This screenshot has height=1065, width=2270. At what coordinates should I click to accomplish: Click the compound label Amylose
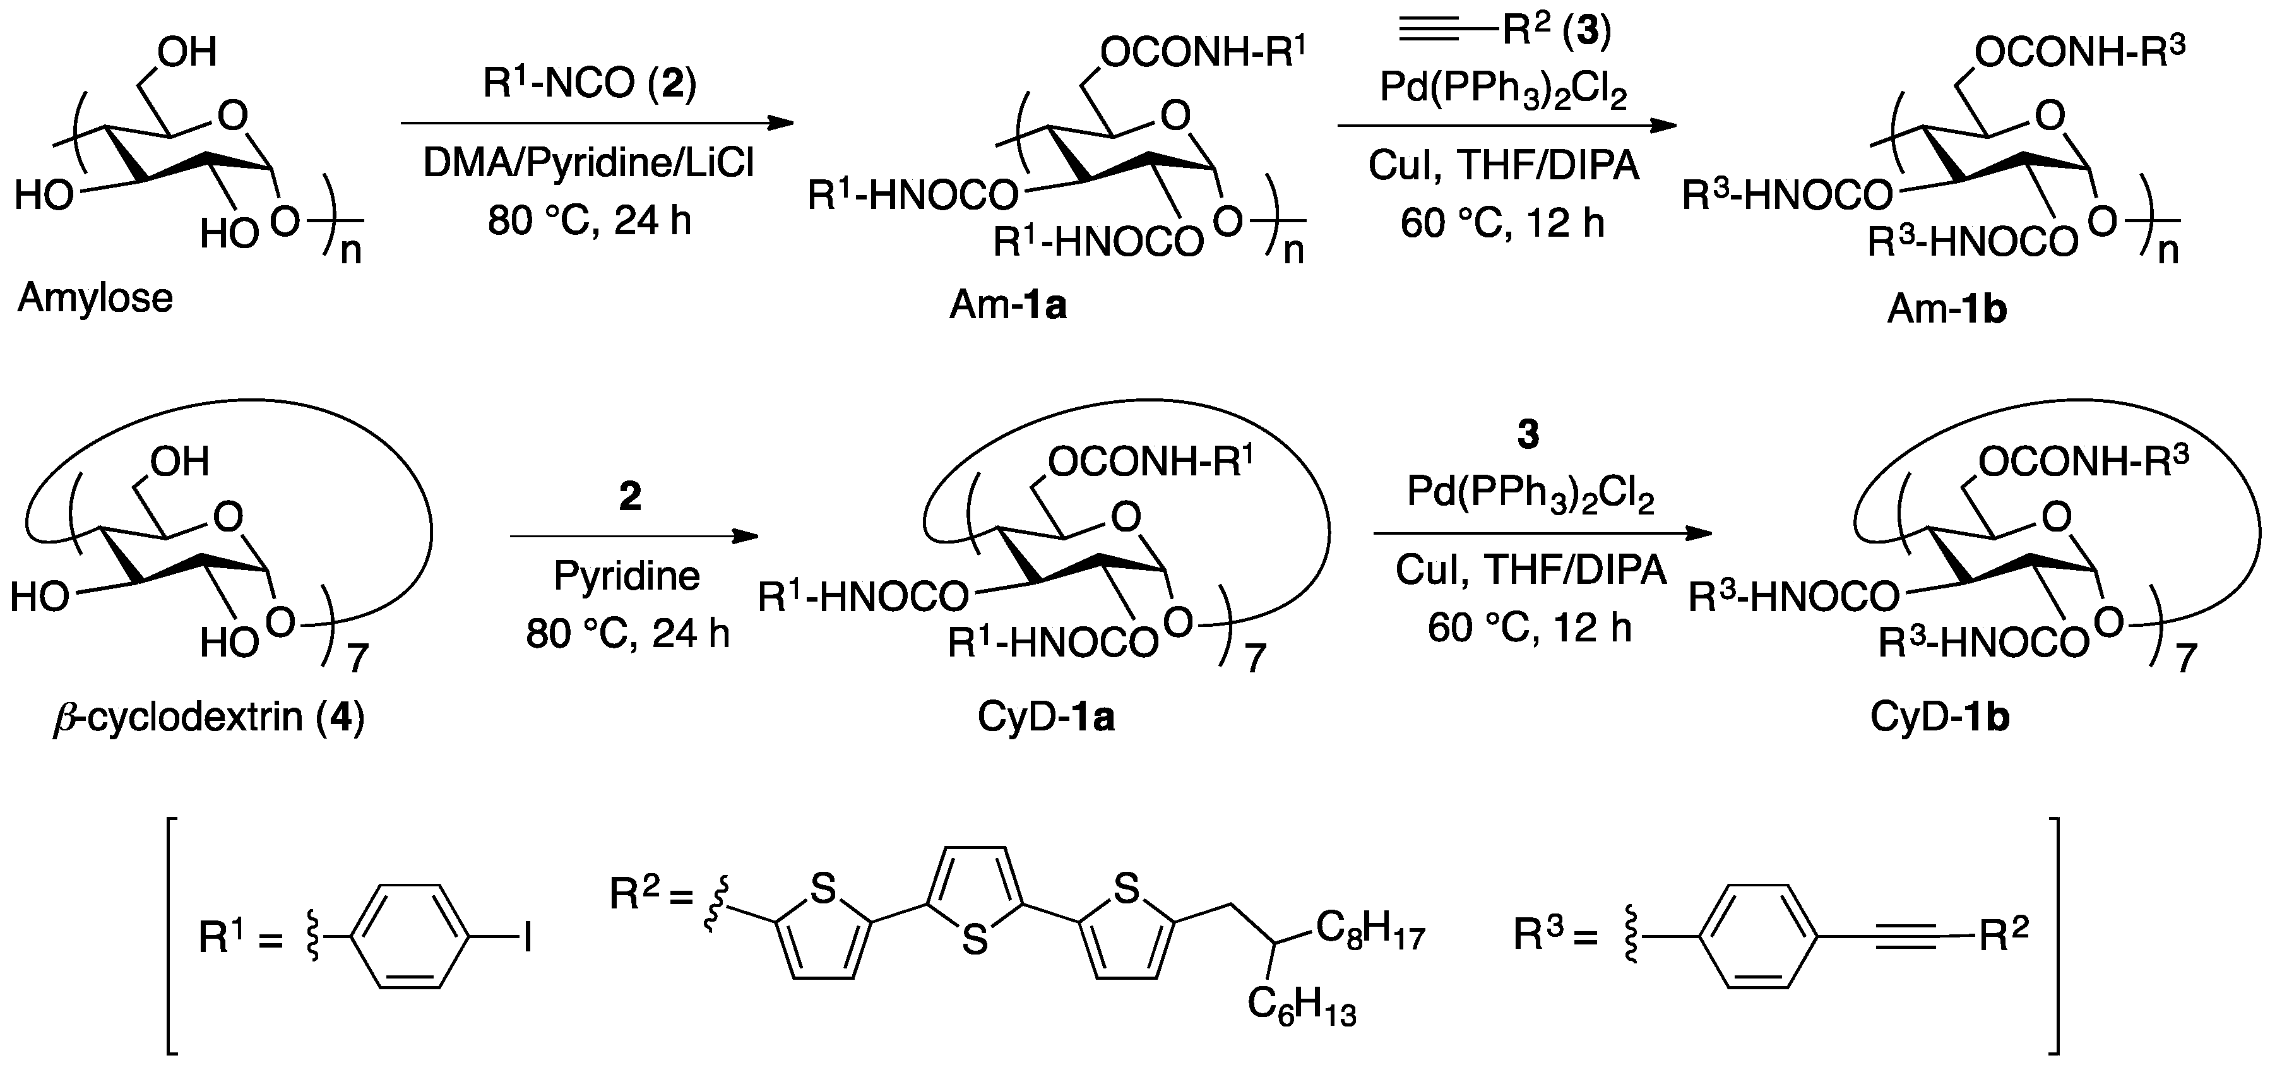pyautogui.click(x=95, y=299)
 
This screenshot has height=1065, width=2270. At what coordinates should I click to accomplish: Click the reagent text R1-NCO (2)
pyautogui.click(x=590, y=84)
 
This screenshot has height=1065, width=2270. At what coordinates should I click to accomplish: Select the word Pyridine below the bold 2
pyautogui.click(x=627, y=576)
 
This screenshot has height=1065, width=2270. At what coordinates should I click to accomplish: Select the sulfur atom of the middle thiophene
pyautogui.click(x=975, y=941)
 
